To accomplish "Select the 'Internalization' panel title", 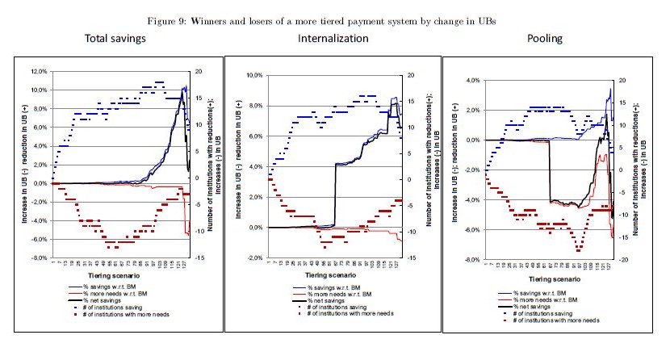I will [333, 38].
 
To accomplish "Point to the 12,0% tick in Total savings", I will [38, 70].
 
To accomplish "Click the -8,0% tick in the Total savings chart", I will [38, 258].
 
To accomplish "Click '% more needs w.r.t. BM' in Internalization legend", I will [345, 295].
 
